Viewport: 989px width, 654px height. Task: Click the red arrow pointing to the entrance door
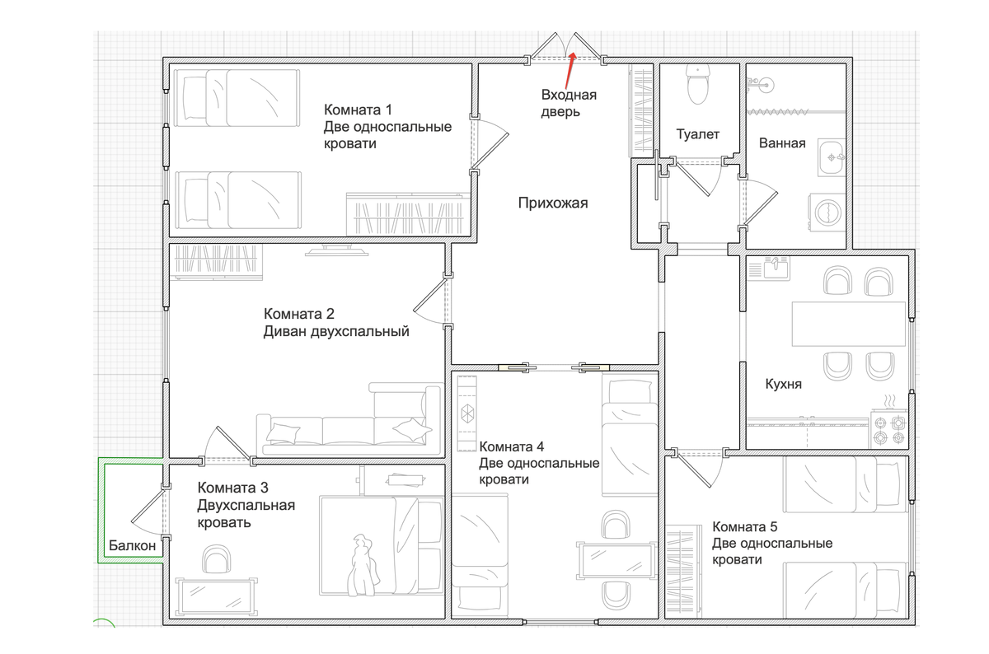coord(570,70)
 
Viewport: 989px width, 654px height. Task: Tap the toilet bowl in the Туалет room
coord(697,84)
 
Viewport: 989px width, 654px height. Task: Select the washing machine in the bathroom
coord(827,213)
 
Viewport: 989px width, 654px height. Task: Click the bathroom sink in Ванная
coord(832,157)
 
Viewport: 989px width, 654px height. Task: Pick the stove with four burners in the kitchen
coord(889,428)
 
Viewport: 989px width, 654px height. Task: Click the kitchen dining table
coord(849,324)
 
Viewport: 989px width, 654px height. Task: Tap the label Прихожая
coord(553,203)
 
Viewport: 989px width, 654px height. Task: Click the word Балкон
coord(132,546)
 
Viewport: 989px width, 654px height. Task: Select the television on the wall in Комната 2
coord(336,250)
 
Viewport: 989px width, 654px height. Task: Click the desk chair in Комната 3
coord(216,559)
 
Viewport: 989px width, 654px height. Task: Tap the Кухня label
coord(783,384)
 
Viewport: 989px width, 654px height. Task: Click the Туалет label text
coord(697,134)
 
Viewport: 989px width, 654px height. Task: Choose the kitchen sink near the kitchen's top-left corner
coord(776,268)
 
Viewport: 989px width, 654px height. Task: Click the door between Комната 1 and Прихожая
coord(490,145)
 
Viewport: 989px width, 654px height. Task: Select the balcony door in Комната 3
coord(150,512)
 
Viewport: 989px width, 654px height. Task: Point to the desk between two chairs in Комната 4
coord(616,560)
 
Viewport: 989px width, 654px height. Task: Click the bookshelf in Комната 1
coord(408,214)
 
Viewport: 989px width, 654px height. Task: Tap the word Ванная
coord(782,143)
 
